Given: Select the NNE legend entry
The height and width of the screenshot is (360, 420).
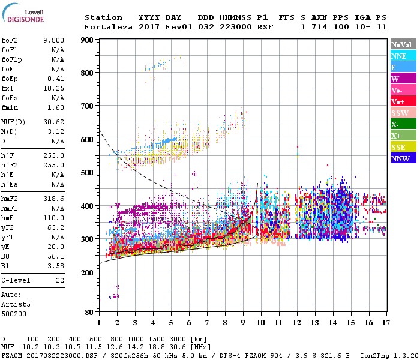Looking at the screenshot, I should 398,56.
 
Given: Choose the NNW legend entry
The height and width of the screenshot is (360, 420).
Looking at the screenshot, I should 400,159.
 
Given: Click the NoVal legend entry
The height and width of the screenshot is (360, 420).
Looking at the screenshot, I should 400,44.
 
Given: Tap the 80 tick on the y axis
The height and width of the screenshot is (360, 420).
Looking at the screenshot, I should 89,312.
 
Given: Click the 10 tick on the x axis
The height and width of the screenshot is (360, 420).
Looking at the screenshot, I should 260,323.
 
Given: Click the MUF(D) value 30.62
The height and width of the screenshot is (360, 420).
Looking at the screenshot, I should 53,122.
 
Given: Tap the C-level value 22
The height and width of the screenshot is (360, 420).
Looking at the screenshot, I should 60,280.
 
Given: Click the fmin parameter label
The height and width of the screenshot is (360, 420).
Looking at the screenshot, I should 11,107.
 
